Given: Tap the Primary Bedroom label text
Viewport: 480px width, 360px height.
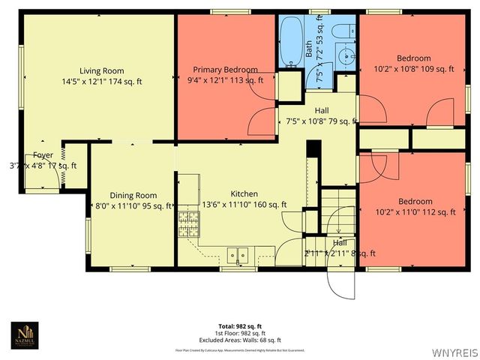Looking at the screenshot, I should coord(225,70).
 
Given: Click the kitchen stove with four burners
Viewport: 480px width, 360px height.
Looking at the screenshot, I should coord(187,223).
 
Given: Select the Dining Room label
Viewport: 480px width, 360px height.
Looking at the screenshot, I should coord(133,196).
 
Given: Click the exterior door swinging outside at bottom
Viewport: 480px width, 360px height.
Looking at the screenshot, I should coord(340,283).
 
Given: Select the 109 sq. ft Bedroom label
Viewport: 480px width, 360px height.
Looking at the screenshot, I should coord(414,58).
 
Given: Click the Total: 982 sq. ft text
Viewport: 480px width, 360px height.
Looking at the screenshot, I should coord(240,326).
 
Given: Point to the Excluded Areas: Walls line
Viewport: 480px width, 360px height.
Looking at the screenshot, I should coord(240,339).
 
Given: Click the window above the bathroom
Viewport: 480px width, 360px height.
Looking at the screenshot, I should coord(319,12).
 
